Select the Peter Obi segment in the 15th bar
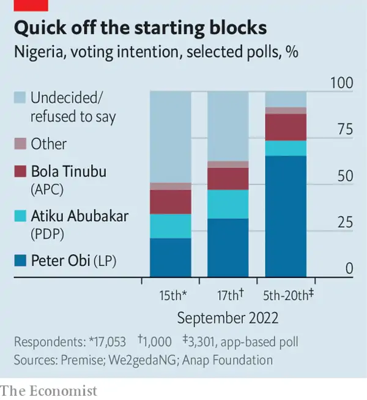tap(170, 257)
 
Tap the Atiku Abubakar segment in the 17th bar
tap(228, 204)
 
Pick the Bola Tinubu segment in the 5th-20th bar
tap(286, 127)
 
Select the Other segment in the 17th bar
tap(228, 164)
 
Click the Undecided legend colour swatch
tap(20, 97)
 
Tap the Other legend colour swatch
tap(20, 144)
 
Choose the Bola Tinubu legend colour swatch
tap(20, 172)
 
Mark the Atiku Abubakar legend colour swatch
tap(20, 217)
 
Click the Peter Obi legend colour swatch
tap(20, 262)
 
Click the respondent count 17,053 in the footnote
tap(108, 342)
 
